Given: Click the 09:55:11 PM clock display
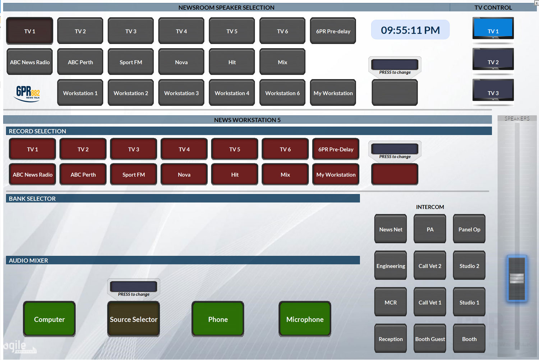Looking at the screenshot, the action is [410, 30].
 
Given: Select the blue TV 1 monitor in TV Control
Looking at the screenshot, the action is [493, 28].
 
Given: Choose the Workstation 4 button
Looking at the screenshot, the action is [232, 93].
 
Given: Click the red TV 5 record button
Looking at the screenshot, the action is [235, 149].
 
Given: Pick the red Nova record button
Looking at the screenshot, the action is [184, 174].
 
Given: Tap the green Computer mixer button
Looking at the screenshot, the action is [49, 319].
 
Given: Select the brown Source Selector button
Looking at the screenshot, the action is [134, 319].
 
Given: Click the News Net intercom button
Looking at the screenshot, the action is [391, 229].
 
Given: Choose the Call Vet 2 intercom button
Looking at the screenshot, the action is [430, 265].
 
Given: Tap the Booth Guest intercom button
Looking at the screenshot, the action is [430, 338].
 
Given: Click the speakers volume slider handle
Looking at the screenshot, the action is [517, 278].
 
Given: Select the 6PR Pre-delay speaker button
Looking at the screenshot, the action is [333, 31].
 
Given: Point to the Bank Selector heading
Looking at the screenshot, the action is [32, 199].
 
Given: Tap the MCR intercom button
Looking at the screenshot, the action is [391, 302].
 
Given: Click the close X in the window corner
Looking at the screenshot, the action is [536, 3].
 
